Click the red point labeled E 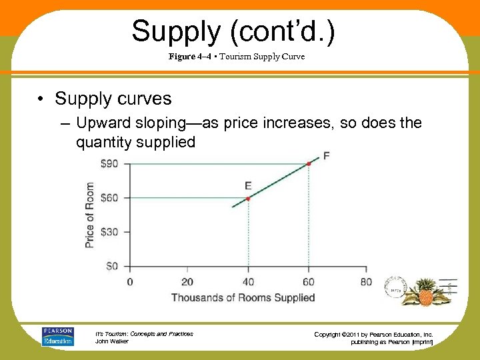(x=248, y=199)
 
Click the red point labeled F (x=309, y=163)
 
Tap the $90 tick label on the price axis (x=109, y=163)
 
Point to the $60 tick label (x=109, y=197)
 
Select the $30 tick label (x=109, y=232)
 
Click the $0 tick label (x=111, y=266)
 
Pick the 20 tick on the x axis (x=187, y=282)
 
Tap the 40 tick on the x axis (x=248, y=282)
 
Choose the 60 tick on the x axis (x=307, y=282)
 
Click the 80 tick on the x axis (x=366, y=282)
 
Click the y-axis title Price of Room (x=90, y=215)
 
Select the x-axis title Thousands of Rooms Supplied (x=243, y=297)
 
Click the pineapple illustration (x=425, y=291)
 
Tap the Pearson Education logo (x=59, y=336)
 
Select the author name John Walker (x=112, y=341)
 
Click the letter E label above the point (x=248, y=186)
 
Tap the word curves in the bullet (x=142, y=99)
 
